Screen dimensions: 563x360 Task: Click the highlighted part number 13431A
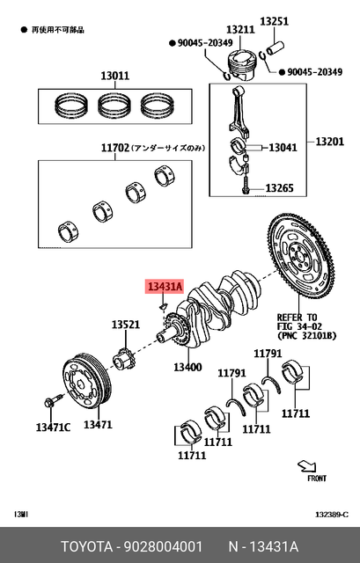point(165,287)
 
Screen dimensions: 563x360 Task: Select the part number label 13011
point(114,76)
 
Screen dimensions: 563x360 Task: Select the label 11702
point(114,150)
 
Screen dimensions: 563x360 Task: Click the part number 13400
point(187,367)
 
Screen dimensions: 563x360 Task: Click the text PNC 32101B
point(306,334)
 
